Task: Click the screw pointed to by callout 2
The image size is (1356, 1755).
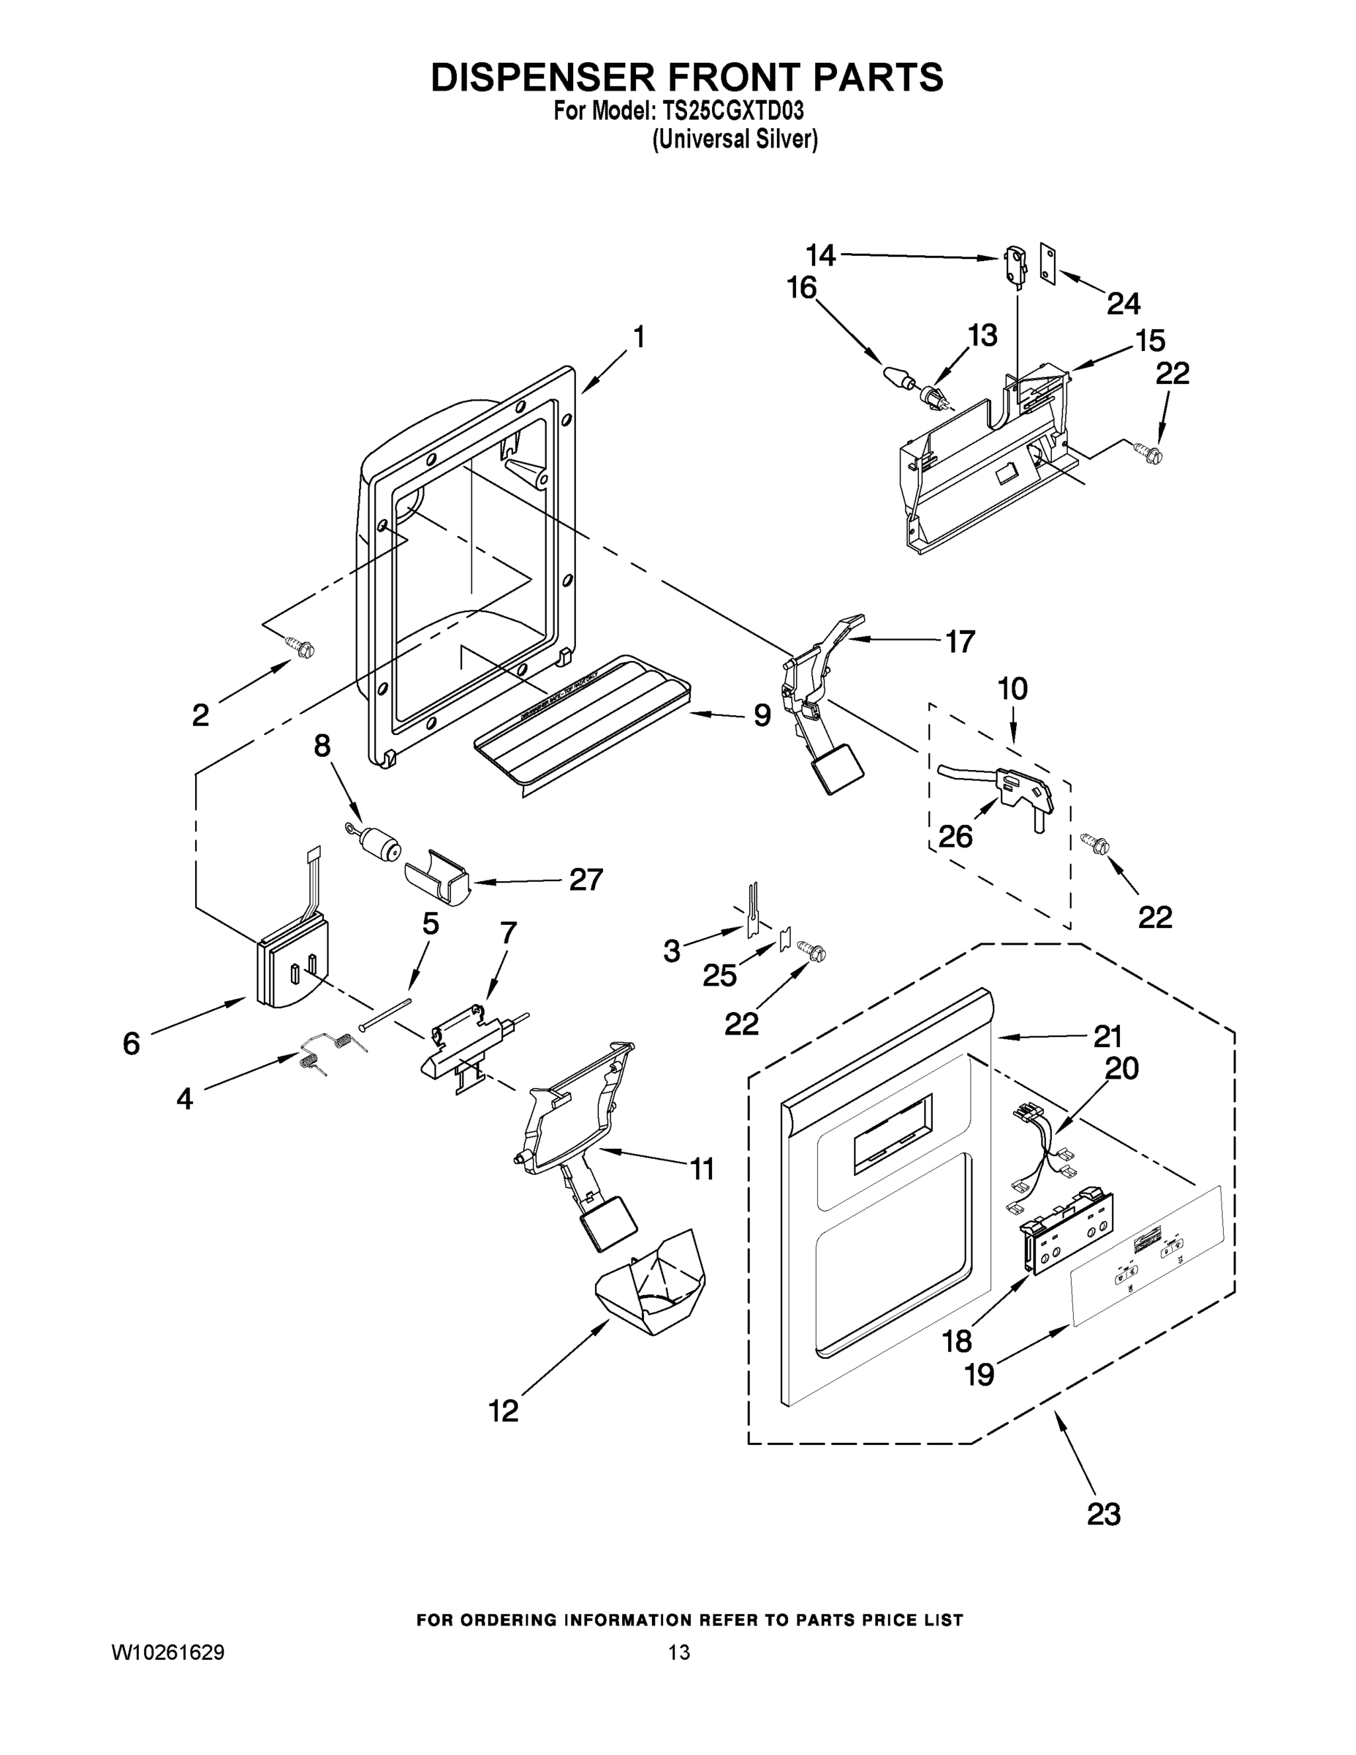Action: pos(303,647)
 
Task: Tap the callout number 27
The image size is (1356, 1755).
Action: pos(585,880)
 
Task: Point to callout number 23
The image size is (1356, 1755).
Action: pos(1103,1514)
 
